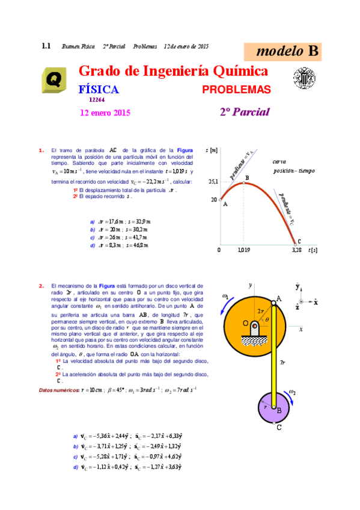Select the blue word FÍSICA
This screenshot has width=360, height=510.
click(x=99, y=90)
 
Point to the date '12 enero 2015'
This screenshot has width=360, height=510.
click(x=105, y=112)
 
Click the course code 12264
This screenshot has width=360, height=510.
click(x=97, y=100)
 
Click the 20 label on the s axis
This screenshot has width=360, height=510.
click(x=214, y=200)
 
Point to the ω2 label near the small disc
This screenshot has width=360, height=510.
click(x=291, y=392)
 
